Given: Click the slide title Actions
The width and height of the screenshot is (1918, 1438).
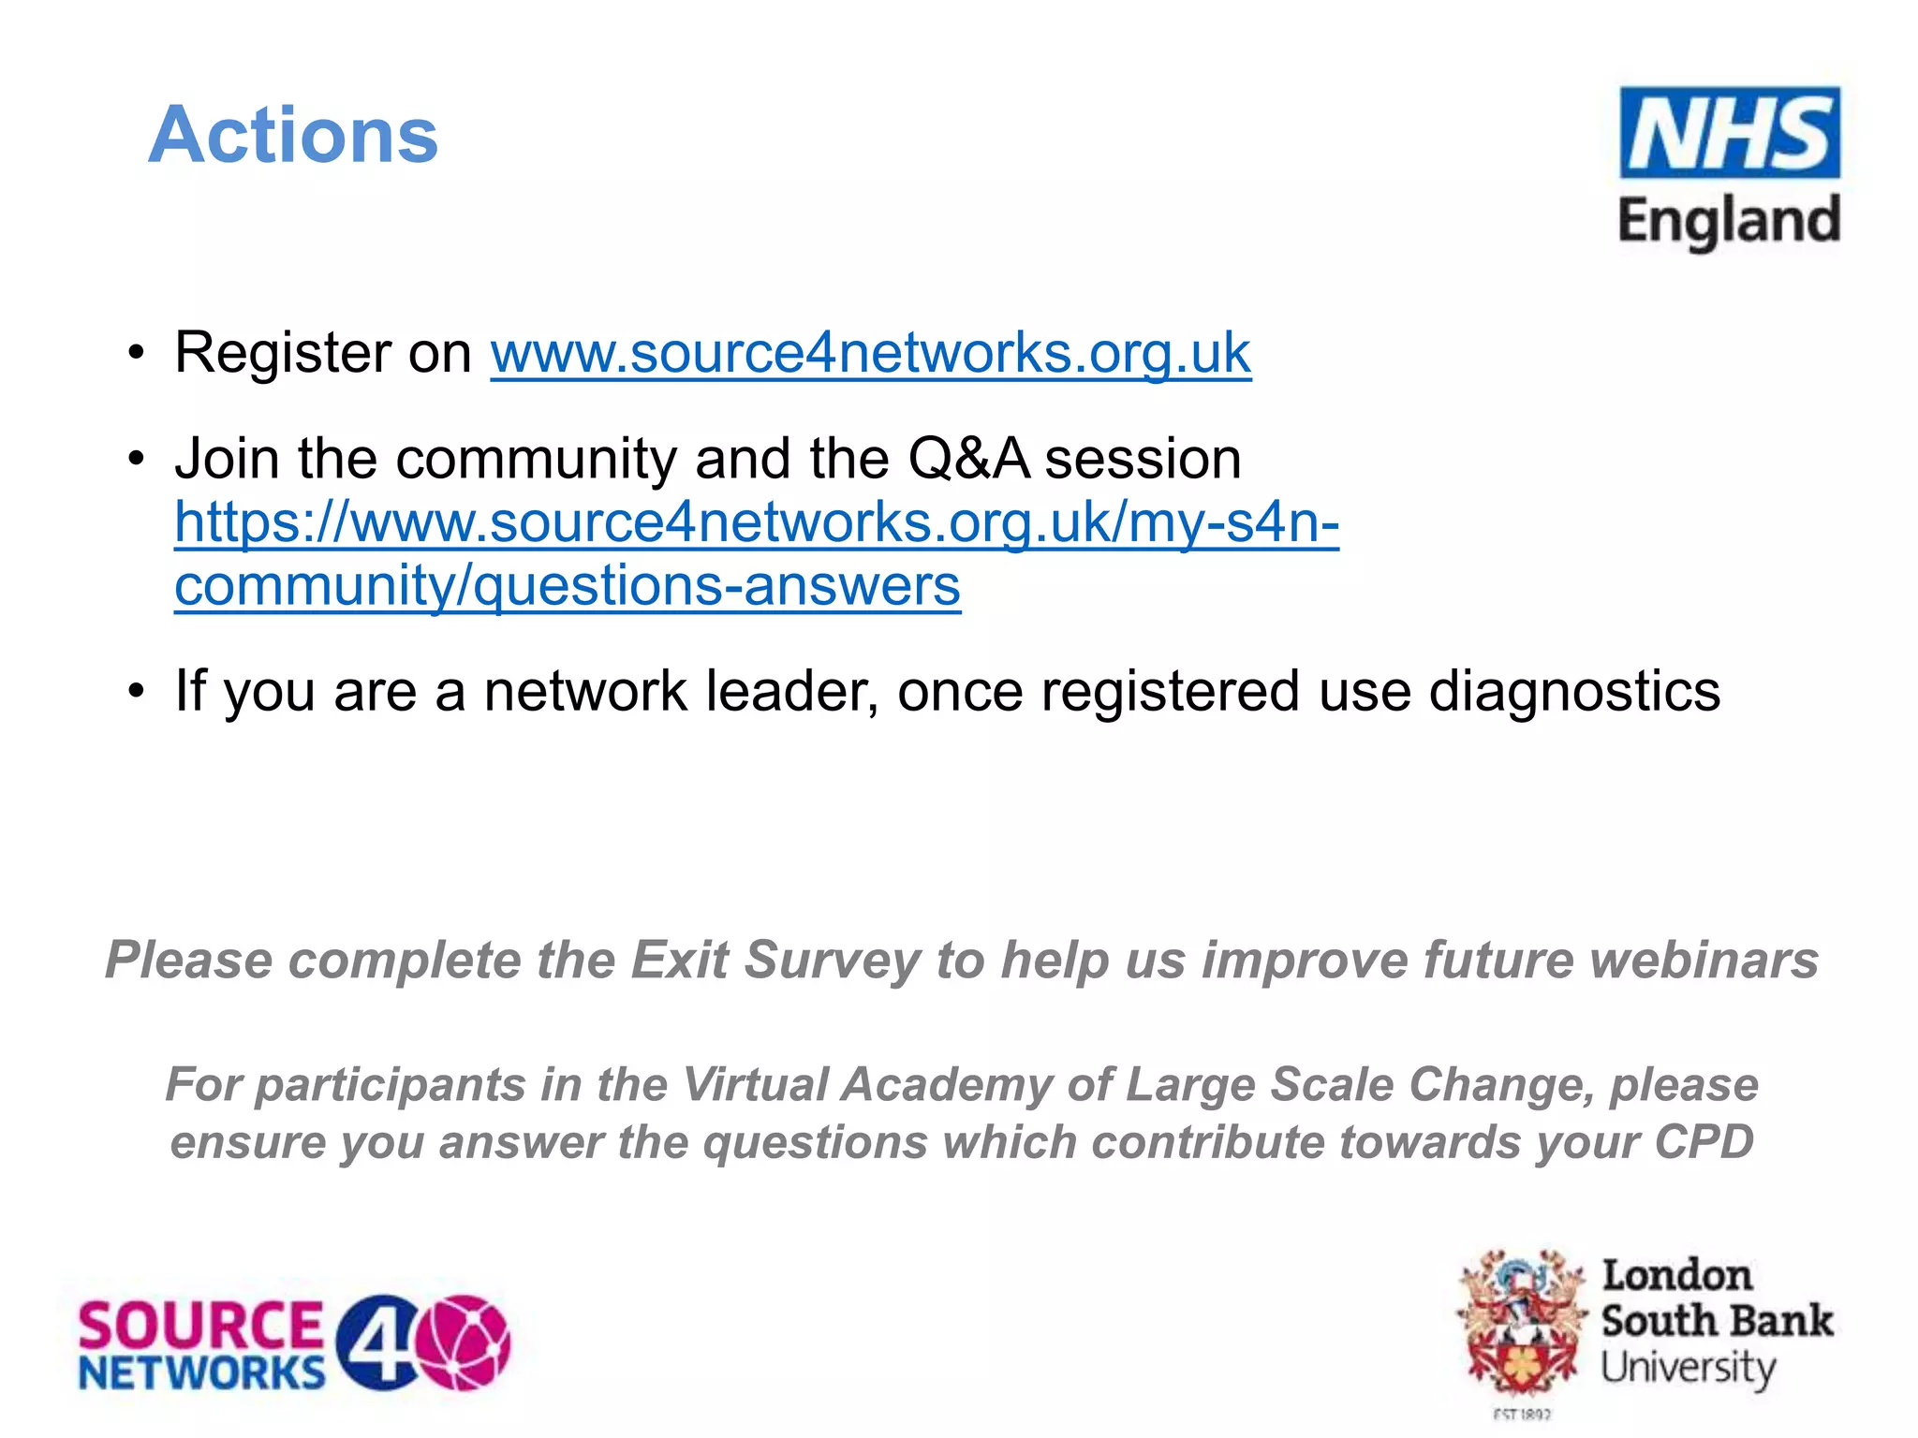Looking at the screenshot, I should tap(293, 135).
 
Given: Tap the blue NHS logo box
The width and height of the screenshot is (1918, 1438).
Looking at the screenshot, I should tap(1729, 133).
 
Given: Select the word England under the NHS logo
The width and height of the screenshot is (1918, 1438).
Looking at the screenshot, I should tap(1729, 222).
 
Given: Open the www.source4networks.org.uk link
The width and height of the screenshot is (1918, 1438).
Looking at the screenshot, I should tap(870, 353).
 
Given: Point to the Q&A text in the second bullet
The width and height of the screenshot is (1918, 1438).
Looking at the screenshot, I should tap(968, 459).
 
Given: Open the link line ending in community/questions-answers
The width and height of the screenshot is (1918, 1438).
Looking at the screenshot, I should tap(568, 586).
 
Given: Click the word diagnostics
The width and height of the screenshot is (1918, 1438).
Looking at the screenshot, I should tap(1574, 691).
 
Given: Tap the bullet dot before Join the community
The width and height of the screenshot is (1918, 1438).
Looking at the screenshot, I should tap(138, 460).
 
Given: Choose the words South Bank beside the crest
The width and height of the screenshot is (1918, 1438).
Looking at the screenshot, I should tap(1717, 1321).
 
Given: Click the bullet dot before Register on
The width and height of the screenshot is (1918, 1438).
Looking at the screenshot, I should tap(138, 354).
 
